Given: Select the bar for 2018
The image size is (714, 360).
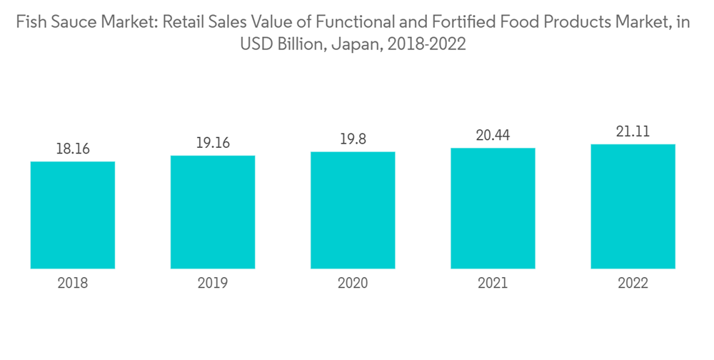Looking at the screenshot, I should (73, 215).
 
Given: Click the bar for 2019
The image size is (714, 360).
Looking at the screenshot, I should (213, 212).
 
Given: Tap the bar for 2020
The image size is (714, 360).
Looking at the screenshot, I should (353, 210).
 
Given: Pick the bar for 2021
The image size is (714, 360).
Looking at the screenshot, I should (493, 208).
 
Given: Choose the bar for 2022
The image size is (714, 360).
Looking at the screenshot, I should (633, 206).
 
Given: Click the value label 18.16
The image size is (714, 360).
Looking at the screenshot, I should (73, 149).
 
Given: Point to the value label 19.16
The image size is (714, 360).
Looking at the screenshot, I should (213, 143).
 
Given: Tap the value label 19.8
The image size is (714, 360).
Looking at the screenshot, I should (353, 139).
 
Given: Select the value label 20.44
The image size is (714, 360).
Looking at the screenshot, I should (493, 135).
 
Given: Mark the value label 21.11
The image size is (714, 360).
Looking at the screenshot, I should (633, 131).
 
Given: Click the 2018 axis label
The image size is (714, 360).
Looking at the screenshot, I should (73, 284).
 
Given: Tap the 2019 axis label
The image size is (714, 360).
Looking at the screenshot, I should (213, 284).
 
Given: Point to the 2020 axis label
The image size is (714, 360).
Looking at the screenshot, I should (353, 284).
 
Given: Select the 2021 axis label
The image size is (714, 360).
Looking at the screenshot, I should (493, 284).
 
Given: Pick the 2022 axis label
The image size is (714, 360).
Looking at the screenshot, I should (633, 284).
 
